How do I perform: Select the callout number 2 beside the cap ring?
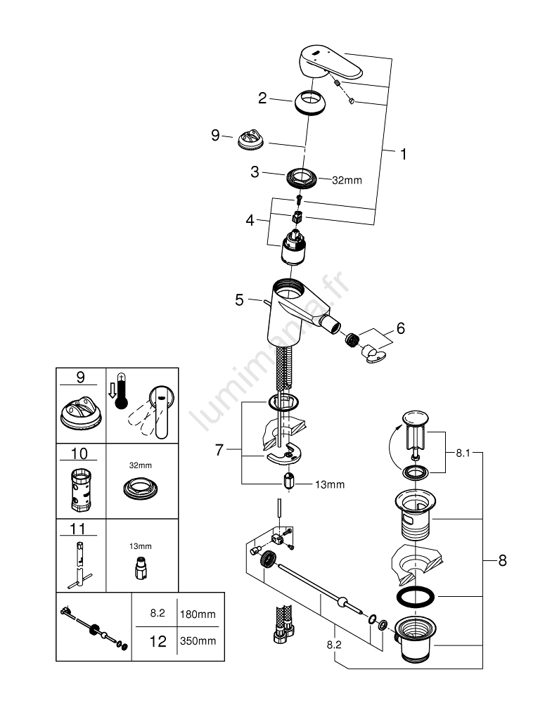[262, 99]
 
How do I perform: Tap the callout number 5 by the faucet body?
[240, 300]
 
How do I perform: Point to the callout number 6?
[401, 328]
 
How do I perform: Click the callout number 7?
[219, 450]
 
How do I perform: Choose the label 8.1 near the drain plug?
[463, 454]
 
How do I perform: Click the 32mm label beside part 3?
[347, 180]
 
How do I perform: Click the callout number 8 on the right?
[501, 561]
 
